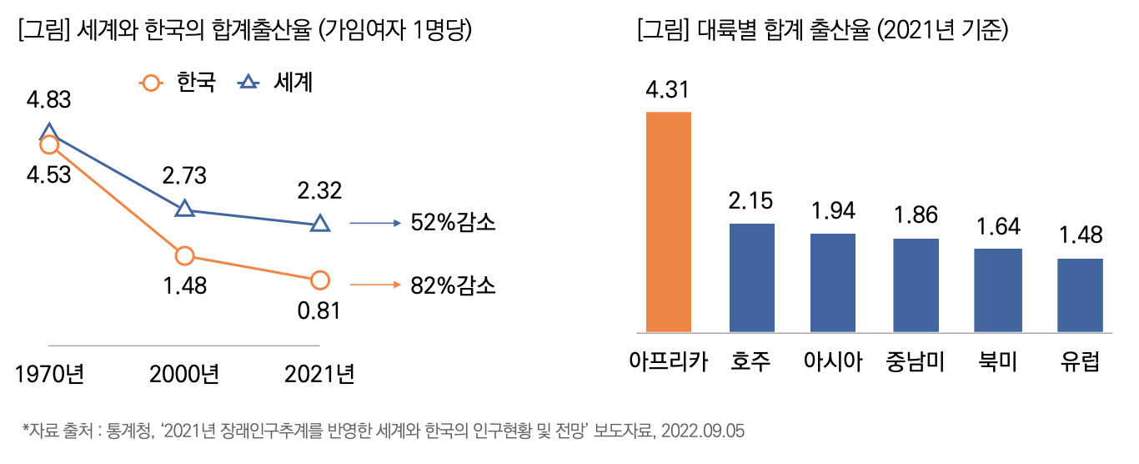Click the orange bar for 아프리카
click(x=669, y=221)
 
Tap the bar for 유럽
click(x=1080, y=295)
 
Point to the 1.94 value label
click(x=833, y=211)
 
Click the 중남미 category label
click(x=916, y=362)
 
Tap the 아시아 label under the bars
click(x=833, y=362)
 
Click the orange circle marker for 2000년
click(x=185, y=255)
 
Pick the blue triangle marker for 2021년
click(x=320, y=224)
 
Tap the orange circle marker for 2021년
click(x=320, y=280)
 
